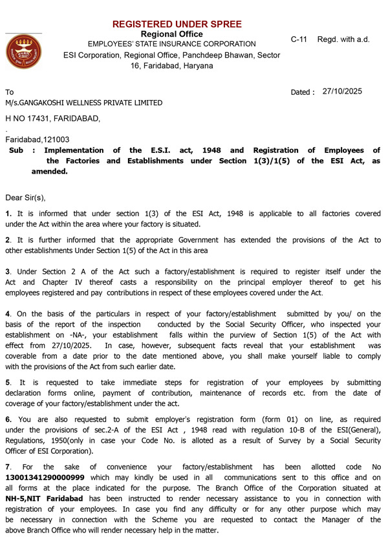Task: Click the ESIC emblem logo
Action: pos(24,52)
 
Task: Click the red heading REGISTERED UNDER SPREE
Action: pos(177,25)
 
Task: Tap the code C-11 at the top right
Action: pos(299,39)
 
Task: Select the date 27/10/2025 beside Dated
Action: pos(342,92)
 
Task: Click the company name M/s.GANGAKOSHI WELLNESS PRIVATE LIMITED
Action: pos(84,103)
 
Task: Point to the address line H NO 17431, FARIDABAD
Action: pos(53,119)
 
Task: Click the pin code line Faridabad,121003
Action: pos(38,139)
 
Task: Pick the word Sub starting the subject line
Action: pos(17,150)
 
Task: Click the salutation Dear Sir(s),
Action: pos(26,197)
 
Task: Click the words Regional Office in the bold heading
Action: pos(171,34)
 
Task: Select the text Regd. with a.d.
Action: pos(343,39)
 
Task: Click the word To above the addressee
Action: pos(10,92)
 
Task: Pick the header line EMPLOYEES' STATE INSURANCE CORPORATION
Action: pos(171,44)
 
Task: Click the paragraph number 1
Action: pos(8,214)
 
